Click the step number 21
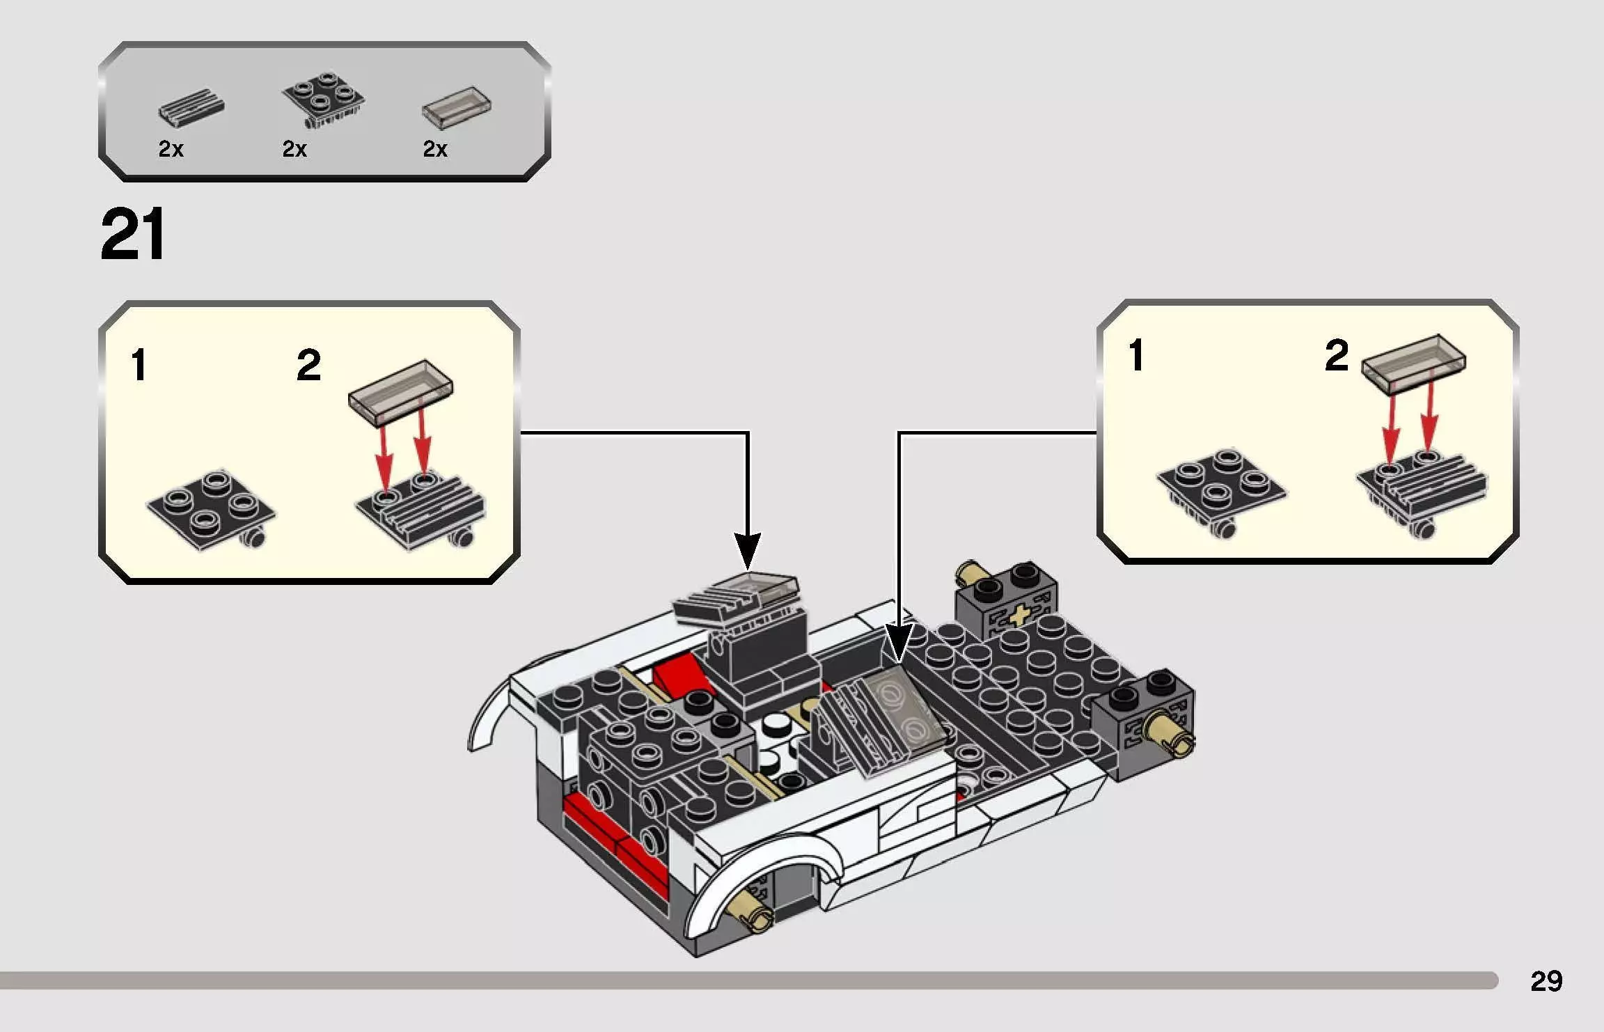pos(132,235)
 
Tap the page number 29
pos(1546,980)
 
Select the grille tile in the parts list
pos(191,108)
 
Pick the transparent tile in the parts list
pos(457,108)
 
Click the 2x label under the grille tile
pos(171,149)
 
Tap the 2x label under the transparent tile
pos(435,149)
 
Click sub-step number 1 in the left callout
pos(139,366)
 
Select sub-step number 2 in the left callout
pos(308,366)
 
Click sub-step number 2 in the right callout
pos(1336,356)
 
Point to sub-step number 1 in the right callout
pos(1136,356)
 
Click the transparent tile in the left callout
pos(400,391)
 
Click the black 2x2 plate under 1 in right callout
pos(1222,487)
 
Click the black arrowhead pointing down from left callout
pos(747,554)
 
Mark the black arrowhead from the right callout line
pos(897,644)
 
